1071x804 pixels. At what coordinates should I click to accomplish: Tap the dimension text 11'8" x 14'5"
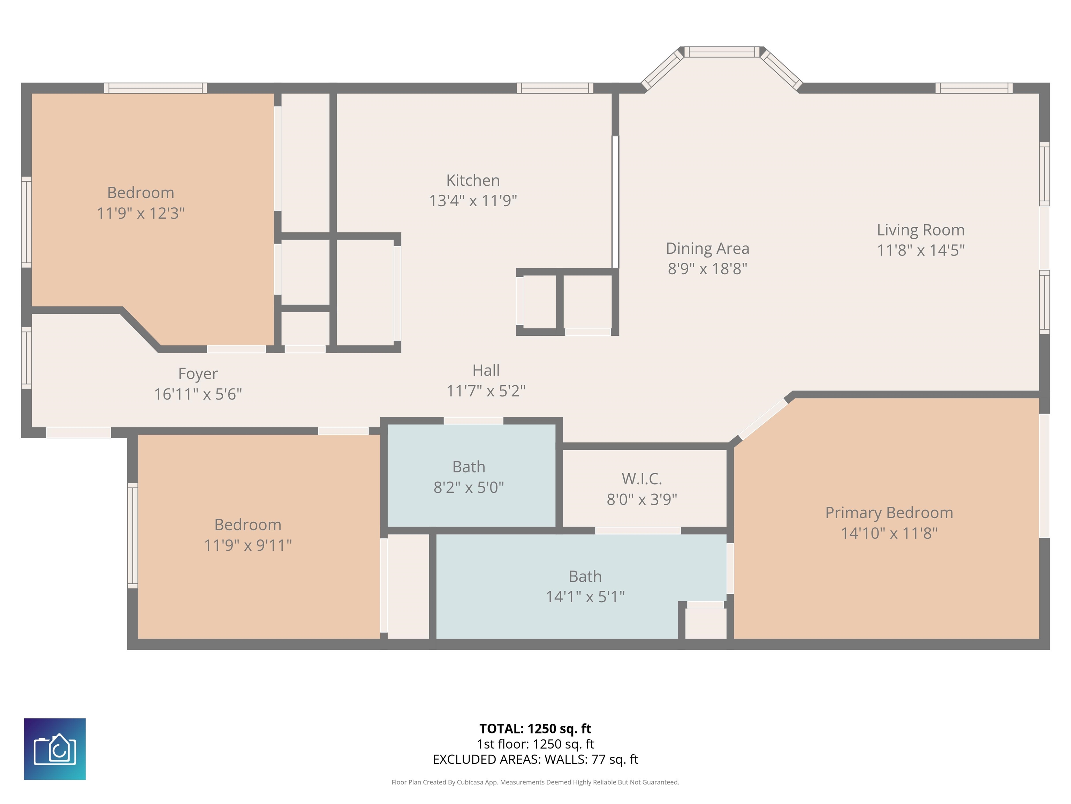coord(920,250)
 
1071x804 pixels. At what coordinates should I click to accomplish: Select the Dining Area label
coord(707,248)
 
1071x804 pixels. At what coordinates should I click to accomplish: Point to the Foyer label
coord(198,374)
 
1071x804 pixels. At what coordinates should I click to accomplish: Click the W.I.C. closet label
coord(641,479)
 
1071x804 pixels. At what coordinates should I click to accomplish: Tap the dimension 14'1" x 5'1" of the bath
coord(585,597)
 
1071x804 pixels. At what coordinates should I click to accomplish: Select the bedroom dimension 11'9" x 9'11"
coord(248,545)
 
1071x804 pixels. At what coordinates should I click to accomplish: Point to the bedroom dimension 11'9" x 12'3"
coord(140,213)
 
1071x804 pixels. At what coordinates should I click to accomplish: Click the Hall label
coord(486,370)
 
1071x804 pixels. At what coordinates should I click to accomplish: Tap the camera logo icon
coord(55,749)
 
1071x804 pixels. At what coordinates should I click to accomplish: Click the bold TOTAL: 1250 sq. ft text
coord(535,728)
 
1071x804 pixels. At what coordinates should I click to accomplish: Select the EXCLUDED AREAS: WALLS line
coord(535,759)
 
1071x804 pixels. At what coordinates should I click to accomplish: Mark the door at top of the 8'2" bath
coord(473,420)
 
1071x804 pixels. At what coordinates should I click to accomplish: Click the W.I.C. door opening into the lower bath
coord(638,531)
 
